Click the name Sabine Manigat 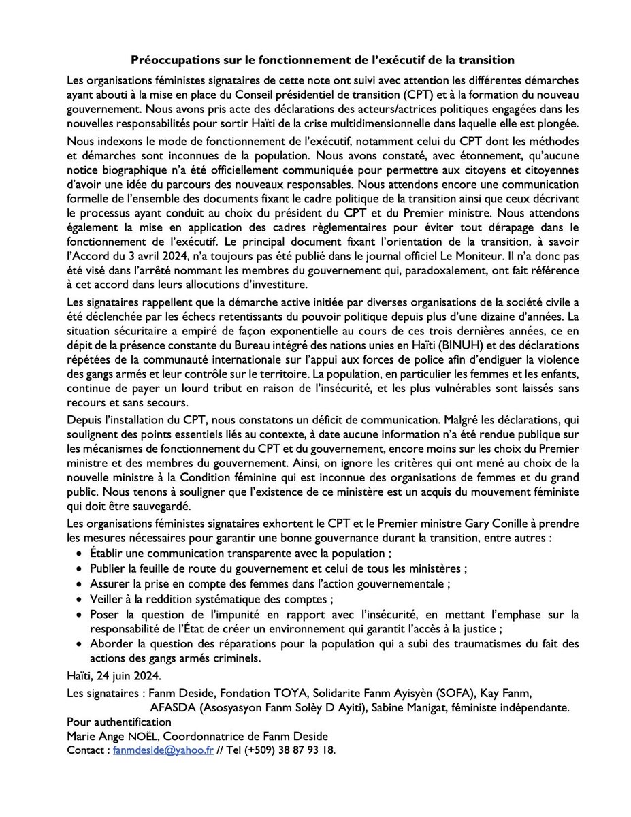click(x=426, y=707)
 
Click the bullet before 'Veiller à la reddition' click(x=82, y=600)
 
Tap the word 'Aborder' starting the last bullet click(x=112, y=646)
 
